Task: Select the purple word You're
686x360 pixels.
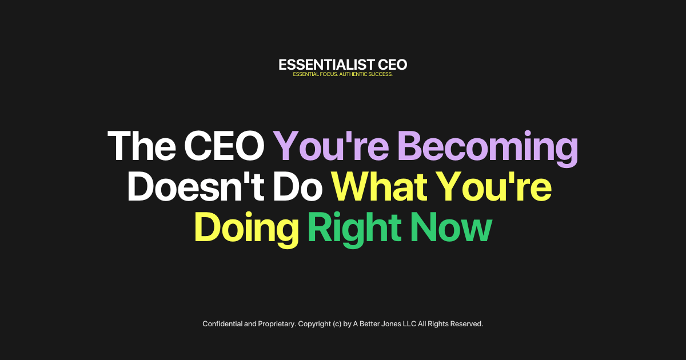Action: tap(330, 147)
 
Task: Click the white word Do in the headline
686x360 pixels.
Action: tap(300, 187)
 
